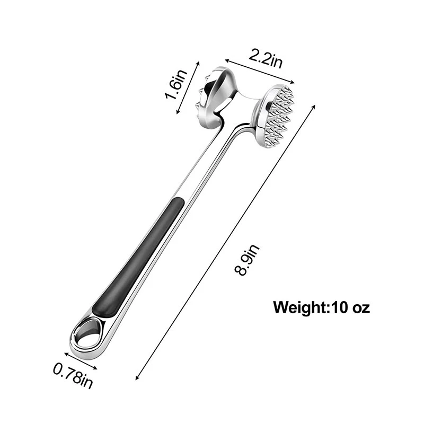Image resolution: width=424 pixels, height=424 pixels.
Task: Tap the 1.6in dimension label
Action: (176, 84)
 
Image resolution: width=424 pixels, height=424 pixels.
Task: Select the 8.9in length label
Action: (246, 260)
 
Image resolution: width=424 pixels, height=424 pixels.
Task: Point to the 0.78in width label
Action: (73, 376)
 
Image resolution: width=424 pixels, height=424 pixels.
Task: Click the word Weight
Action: (300, 308)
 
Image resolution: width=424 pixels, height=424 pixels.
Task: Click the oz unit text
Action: (361, 308)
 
